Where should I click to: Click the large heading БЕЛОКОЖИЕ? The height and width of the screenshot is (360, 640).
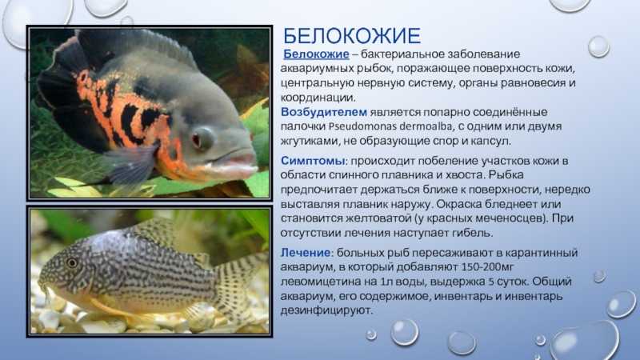click(351, 36)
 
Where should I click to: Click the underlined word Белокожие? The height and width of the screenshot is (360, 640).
click(316, 54)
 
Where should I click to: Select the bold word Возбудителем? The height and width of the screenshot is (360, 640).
click(324, 112)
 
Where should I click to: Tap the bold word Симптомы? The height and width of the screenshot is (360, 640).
click(313, 161)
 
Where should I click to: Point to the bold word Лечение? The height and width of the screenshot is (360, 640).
click(306, 253)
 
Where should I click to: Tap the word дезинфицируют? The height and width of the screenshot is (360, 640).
click(326, 310)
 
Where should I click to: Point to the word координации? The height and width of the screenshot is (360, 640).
click(318, 98)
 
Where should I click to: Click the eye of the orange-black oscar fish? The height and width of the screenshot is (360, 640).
click(202, 138)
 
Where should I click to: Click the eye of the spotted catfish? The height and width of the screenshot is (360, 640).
click(72, 262)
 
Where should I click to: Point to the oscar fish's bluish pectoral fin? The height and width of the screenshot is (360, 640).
click(133, 163)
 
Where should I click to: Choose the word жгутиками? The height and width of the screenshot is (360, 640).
click(310, 142)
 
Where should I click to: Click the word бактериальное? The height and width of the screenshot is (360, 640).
click(402, 54)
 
